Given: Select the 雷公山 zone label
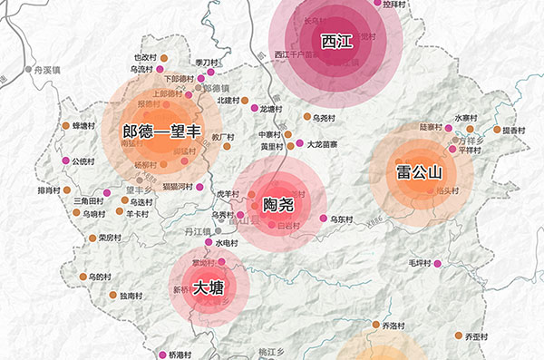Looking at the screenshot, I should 418,172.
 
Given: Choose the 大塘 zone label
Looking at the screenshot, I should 209,287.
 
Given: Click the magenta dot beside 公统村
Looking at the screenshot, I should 65,161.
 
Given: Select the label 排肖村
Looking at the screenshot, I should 48,191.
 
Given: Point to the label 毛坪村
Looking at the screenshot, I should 419,263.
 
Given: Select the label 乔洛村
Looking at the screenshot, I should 392,325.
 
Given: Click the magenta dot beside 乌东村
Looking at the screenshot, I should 324,219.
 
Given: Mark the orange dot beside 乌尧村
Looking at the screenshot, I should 306,117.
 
